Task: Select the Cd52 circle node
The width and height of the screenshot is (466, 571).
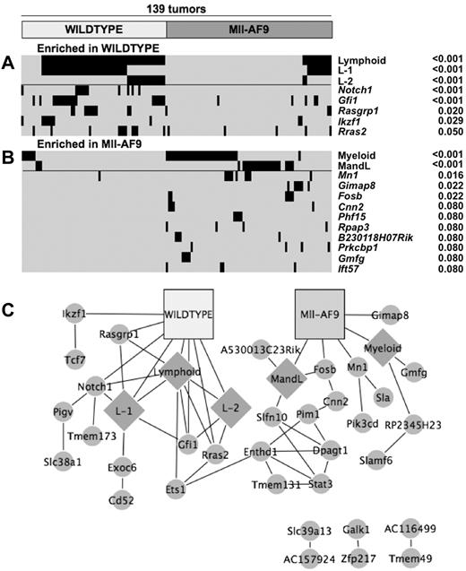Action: pos(96,497)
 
